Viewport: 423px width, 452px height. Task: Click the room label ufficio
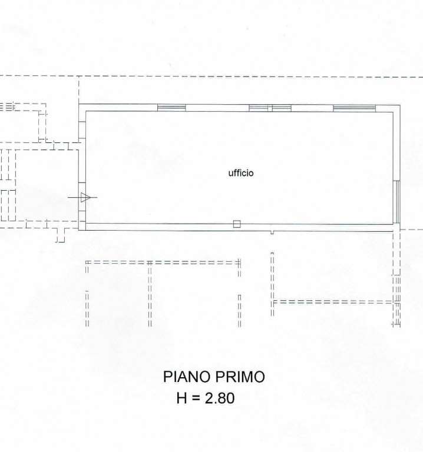pos(241,172)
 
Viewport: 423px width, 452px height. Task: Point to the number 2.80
pos(220,398)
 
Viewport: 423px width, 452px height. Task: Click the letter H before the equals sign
pos(182,398)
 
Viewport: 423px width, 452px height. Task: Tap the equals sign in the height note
pos(196,398)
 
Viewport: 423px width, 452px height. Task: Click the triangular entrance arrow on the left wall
pos(85,198)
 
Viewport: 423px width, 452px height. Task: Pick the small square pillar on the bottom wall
pos(237,224)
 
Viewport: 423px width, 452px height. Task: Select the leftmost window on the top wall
pos(171,108)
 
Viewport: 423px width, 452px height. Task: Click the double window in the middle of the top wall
pos(270,108)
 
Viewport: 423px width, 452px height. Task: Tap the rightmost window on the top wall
pos(354,108)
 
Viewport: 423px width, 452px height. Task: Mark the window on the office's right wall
pos(396,202)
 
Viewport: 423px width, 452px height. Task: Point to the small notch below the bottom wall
pos(272,232)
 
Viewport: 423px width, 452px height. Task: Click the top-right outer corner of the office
pos(400,105)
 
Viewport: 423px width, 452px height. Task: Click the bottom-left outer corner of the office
pos(79,230)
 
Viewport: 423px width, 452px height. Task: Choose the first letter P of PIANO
pos(167,377)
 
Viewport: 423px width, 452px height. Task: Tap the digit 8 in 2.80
pos(222,398)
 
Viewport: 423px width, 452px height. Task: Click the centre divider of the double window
pos(270,108)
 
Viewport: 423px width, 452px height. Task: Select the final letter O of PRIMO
pos(259,377)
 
